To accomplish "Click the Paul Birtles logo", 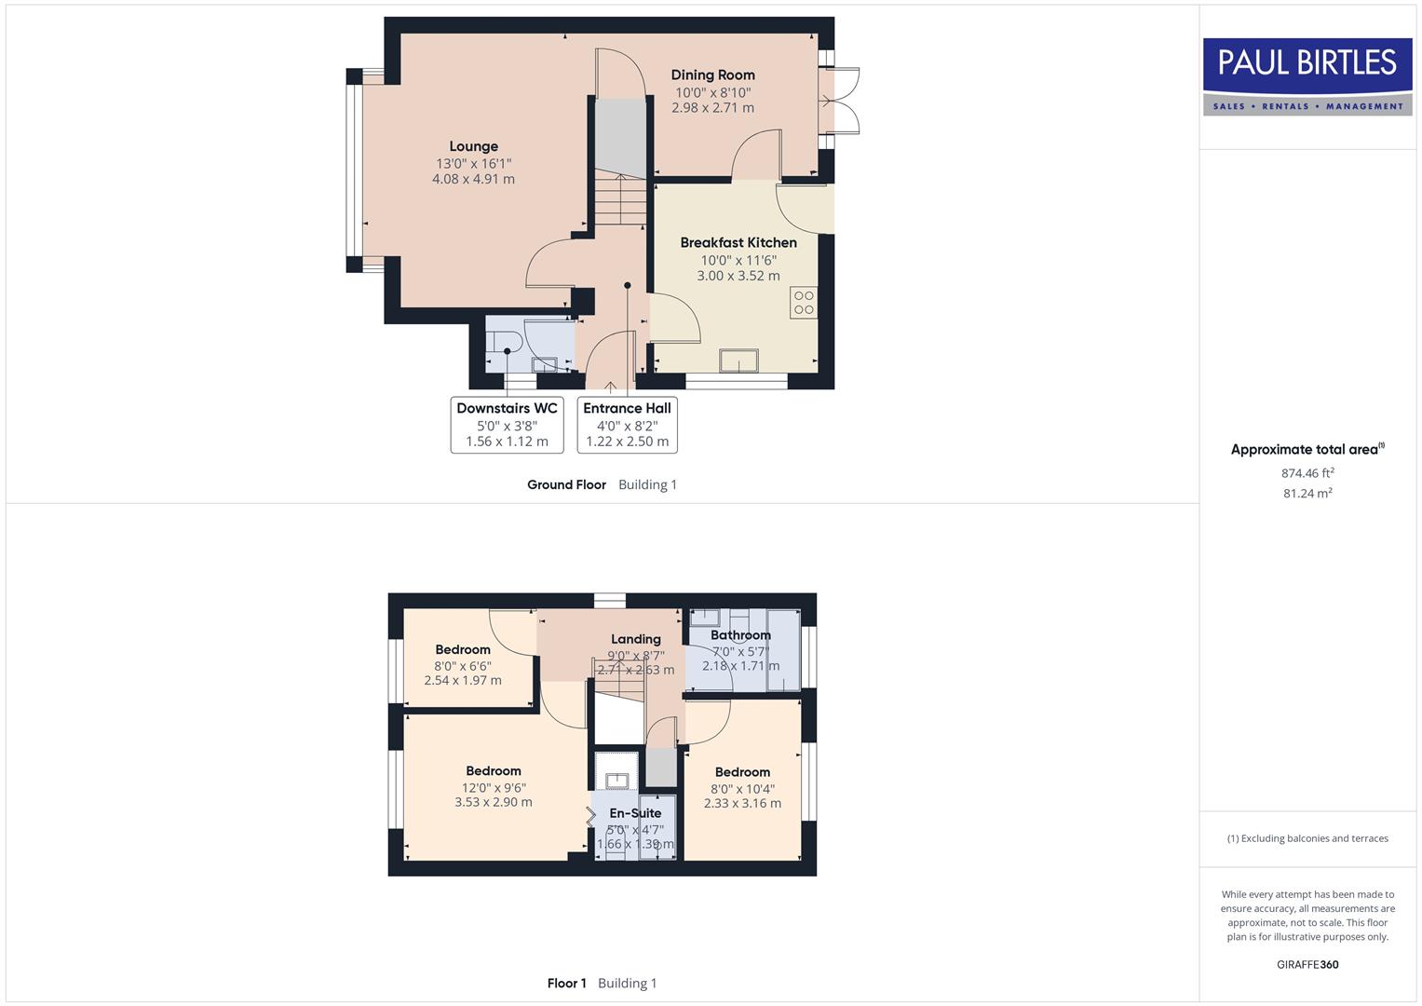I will pos(1307,76).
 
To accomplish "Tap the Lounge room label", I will pos(473,146).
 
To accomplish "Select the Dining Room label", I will pos(712,75).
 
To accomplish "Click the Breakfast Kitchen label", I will pos(738,243).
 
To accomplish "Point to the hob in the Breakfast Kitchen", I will pos(804,303).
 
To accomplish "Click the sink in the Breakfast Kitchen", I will pos(738,360).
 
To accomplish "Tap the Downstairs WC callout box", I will pos(507,425).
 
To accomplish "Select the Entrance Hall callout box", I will pos(627,425).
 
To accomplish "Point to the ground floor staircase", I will pos(619,200).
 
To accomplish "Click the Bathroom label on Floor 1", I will pos(740,635).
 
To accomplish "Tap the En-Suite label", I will pos(635,813).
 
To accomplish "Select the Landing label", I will pos(636,639).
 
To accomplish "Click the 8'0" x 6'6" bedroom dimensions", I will pos(463,666).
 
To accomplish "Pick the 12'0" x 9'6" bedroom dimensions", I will pos(494,787).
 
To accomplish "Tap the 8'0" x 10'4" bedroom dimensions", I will pos(742,788).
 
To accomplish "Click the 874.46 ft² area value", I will pos(1307,473).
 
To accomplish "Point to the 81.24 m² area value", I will pos(1307,494).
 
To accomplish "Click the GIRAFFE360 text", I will pos(1307,965).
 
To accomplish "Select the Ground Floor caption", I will pos(566,484).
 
